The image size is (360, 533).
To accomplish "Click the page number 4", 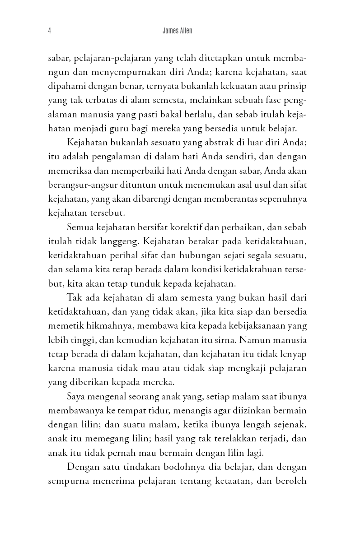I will [x=49, y=31].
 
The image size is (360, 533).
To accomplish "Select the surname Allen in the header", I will [x=190, y=31].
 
